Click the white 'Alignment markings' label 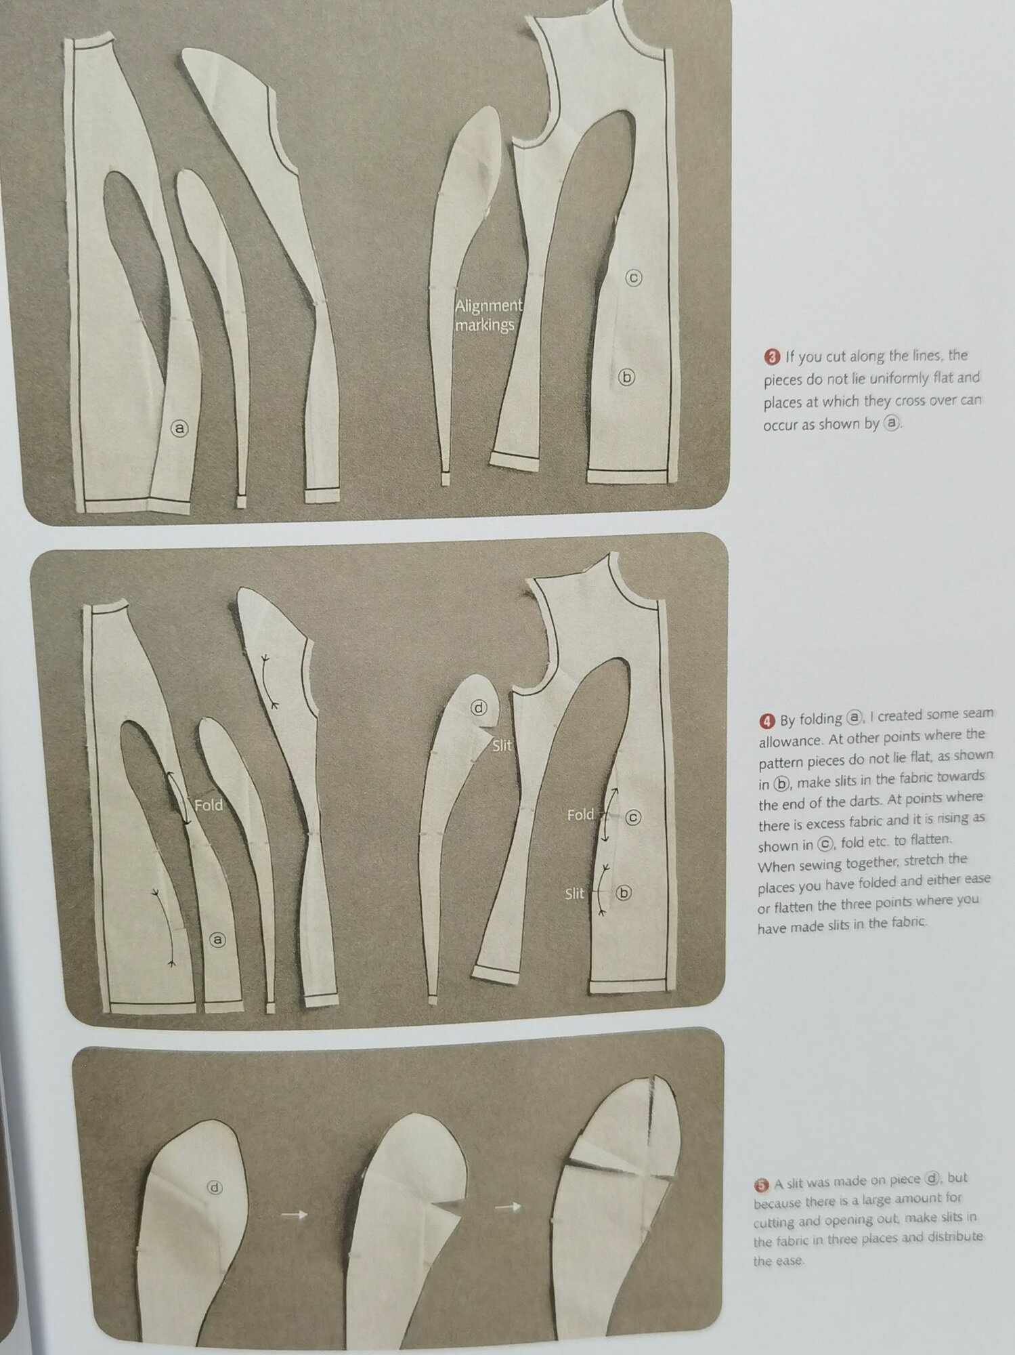[488, 315]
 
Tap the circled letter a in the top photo [179, 428]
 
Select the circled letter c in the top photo [633, 277]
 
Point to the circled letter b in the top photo [627, 377]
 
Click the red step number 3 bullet [773, 356]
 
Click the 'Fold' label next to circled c [580, 814]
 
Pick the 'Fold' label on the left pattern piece [208, 806]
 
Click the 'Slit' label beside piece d [502, 746]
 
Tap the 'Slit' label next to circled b [574, 894]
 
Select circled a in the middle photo [217, 939]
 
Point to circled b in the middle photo [624, 893]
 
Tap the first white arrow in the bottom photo [293, 1215]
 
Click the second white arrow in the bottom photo [509, 1206]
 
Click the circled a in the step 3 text [893, 423]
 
